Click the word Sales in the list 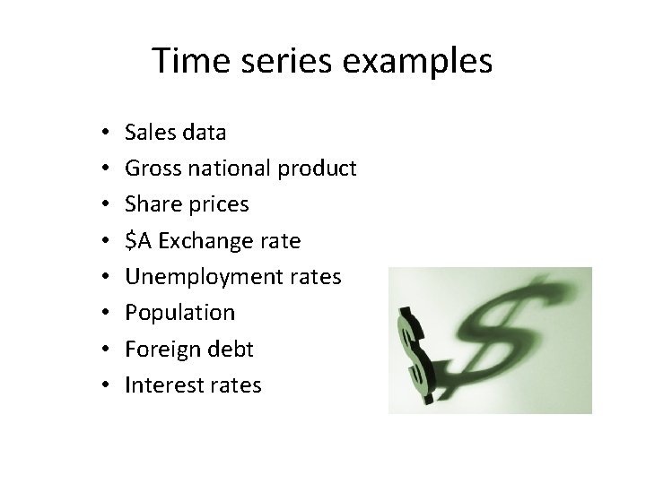click(x=149, y=133)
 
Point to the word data click(x=203, y=133)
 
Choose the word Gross click(x=150, y=169)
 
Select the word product click(x=318, y=169)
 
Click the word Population click(x=179, y=313)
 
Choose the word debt click(x=231, y=349)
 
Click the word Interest click(x=162, y=385)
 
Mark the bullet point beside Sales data click(x=105, y=134)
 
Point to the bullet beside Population click(x=105, y=314)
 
